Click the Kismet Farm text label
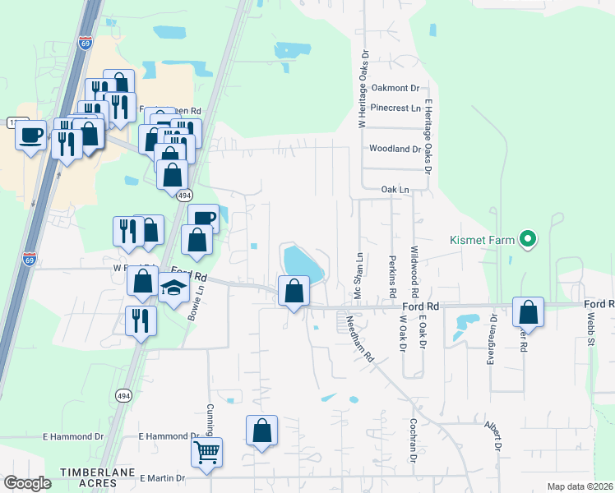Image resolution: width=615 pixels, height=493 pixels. pyautogui.click(x=482, y=240)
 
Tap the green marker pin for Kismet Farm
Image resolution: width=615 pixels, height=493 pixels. pyautogui.click(x=529, y=240)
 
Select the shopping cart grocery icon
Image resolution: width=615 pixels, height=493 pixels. pyautogui.click(x=206, y=451)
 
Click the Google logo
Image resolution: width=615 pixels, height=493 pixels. pyautogui.click(x=27, y=483)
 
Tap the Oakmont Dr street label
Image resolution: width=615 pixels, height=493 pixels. pyautogui.click(x=395, y=88)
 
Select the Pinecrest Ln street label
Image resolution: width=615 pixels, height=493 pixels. pyautogui.click(x=395, y=108)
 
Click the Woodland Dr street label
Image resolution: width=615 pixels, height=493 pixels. pyautogui.click(x=395, y=150)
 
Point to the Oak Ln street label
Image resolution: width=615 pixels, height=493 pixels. pyautogui.click(x=395, y=189)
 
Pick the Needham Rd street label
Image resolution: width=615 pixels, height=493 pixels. pyautogui.click(x=359, y=339)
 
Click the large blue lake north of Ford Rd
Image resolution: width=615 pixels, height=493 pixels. pyautogui.click(x=303, y=263)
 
